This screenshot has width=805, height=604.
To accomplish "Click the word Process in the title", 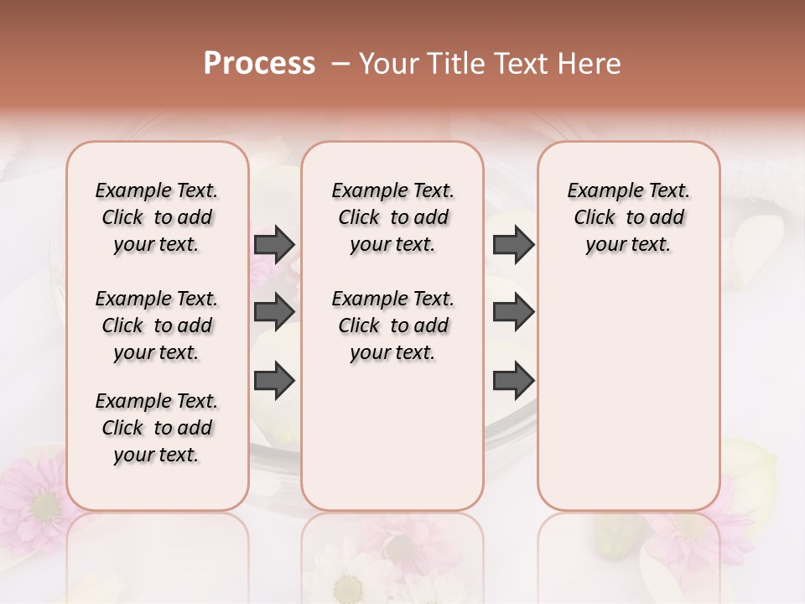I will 259,64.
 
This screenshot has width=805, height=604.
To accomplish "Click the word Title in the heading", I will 454,64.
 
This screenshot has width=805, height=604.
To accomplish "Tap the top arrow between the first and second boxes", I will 274,244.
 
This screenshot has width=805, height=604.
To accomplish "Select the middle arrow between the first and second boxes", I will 274,312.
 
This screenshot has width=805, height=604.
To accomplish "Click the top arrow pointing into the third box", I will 513,244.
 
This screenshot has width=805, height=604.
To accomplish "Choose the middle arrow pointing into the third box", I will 513,312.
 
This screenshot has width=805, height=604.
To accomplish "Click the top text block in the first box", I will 157,217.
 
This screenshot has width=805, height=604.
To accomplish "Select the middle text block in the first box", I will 157,325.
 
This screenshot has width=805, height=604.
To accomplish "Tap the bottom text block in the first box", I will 157,428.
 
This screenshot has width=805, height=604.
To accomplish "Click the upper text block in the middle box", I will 392,217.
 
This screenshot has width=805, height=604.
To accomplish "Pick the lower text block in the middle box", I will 392,325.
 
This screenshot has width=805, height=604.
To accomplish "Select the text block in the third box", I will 628,217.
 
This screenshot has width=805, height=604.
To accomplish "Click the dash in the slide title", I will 340,64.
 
